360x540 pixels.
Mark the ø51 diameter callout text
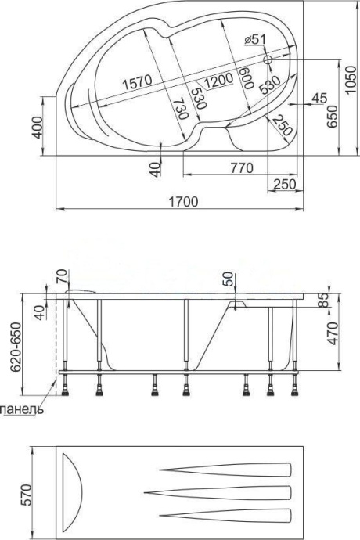(256, 41)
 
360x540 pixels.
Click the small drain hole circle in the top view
(268, 59)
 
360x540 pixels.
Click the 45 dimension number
(318, 98)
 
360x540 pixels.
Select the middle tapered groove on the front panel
(227, 491)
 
